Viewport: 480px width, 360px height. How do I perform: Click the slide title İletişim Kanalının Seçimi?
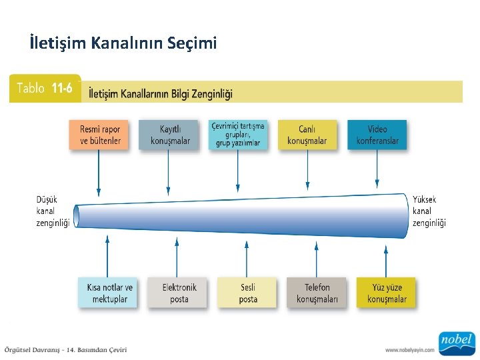(x=123, y=44)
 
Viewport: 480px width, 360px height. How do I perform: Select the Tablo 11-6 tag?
(x=44, y=89)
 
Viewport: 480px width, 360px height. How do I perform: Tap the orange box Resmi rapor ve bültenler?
(x=99, y=135)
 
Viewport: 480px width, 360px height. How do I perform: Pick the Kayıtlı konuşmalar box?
(x=169, y=135)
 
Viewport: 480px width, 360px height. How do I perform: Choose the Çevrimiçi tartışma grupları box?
(x=238, y=135)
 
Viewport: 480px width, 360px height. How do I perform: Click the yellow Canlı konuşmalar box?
(x=307, y=135)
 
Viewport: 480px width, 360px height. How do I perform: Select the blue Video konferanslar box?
(x=377, y=135)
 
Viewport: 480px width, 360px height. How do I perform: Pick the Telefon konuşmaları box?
(x=317, y=293)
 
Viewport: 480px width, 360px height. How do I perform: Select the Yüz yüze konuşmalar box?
(x=386, y=293)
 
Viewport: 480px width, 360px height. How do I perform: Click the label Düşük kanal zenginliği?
(x=53, y=211)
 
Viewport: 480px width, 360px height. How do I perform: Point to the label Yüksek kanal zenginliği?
(x=429, y=211)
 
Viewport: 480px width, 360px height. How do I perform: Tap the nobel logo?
(x=456, y=341)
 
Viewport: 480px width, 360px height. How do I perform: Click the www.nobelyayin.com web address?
(x=409, y=350)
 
